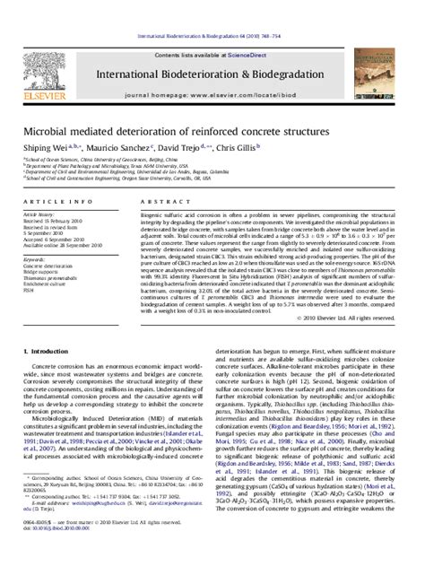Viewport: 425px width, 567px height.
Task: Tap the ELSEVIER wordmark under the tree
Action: point(38,75)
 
